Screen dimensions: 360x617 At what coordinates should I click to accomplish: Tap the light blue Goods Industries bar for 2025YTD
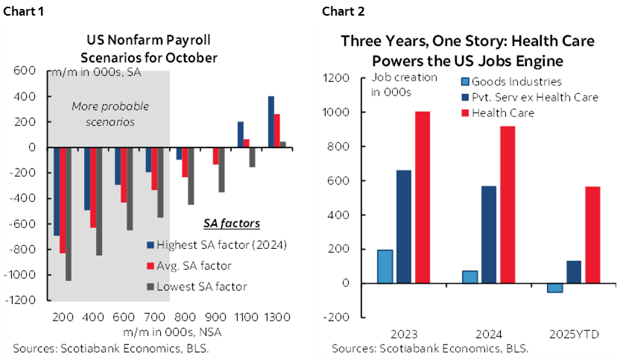click(x=555, y=288)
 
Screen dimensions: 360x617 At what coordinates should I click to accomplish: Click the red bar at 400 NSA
click(x=93, y=187)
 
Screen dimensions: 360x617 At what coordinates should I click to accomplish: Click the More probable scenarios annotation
click(x=104, y=114)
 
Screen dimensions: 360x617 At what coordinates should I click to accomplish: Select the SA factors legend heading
click(x=232, y=223)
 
